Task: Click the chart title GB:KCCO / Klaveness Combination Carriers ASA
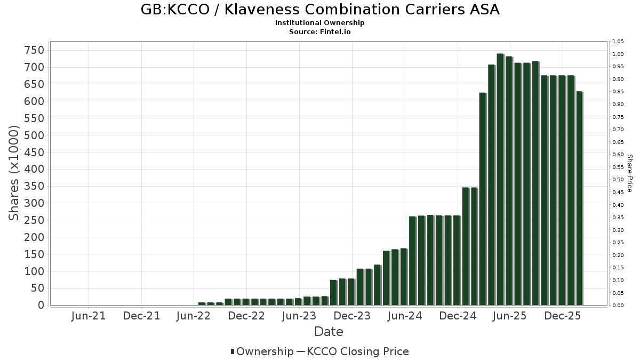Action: point(320,10)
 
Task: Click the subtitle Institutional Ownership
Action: point(320,23)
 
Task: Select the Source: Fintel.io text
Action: point(320,32)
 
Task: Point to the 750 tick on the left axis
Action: point(33,50)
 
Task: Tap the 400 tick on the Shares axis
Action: point(33,169)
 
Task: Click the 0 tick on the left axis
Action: point(40,305)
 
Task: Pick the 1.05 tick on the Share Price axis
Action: point(618,42)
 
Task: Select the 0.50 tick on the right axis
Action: point(618,180)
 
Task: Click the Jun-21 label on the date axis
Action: point(89,316)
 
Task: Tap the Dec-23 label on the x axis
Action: point(352,316)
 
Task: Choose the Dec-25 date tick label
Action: point(563,316)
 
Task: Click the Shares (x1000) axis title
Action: point(14,173)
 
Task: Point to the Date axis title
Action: point(329,332)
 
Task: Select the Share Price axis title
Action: point(629,173)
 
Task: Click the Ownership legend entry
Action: point(262,351)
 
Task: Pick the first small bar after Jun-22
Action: point(201,303)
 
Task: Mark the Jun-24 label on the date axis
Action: point(405,316)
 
